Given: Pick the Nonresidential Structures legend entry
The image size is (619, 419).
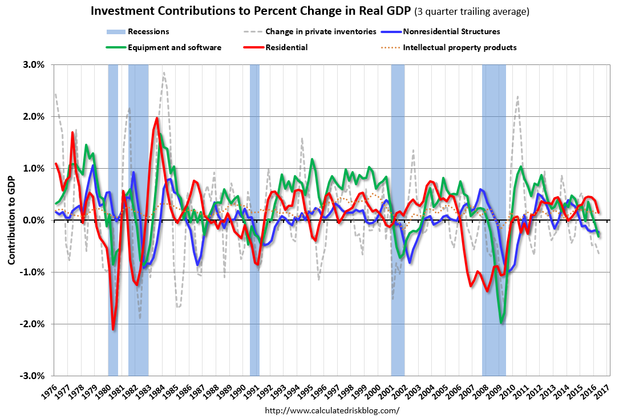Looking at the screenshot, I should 451,32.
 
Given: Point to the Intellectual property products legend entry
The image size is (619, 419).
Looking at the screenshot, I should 459,47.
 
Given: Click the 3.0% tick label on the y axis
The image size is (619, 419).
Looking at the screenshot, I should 34,64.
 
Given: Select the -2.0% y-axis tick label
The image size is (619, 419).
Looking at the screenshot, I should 33,324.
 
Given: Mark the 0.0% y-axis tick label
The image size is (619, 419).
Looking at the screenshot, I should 34,220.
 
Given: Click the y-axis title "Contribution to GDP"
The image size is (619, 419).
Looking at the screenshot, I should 12,220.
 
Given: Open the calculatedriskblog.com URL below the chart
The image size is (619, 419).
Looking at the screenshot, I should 333,410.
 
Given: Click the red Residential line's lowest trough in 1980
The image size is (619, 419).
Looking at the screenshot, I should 113,329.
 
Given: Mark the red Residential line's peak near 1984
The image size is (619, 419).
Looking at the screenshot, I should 157,118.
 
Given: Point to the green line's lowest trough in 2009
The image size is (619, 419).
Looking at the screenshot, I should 501,323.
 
